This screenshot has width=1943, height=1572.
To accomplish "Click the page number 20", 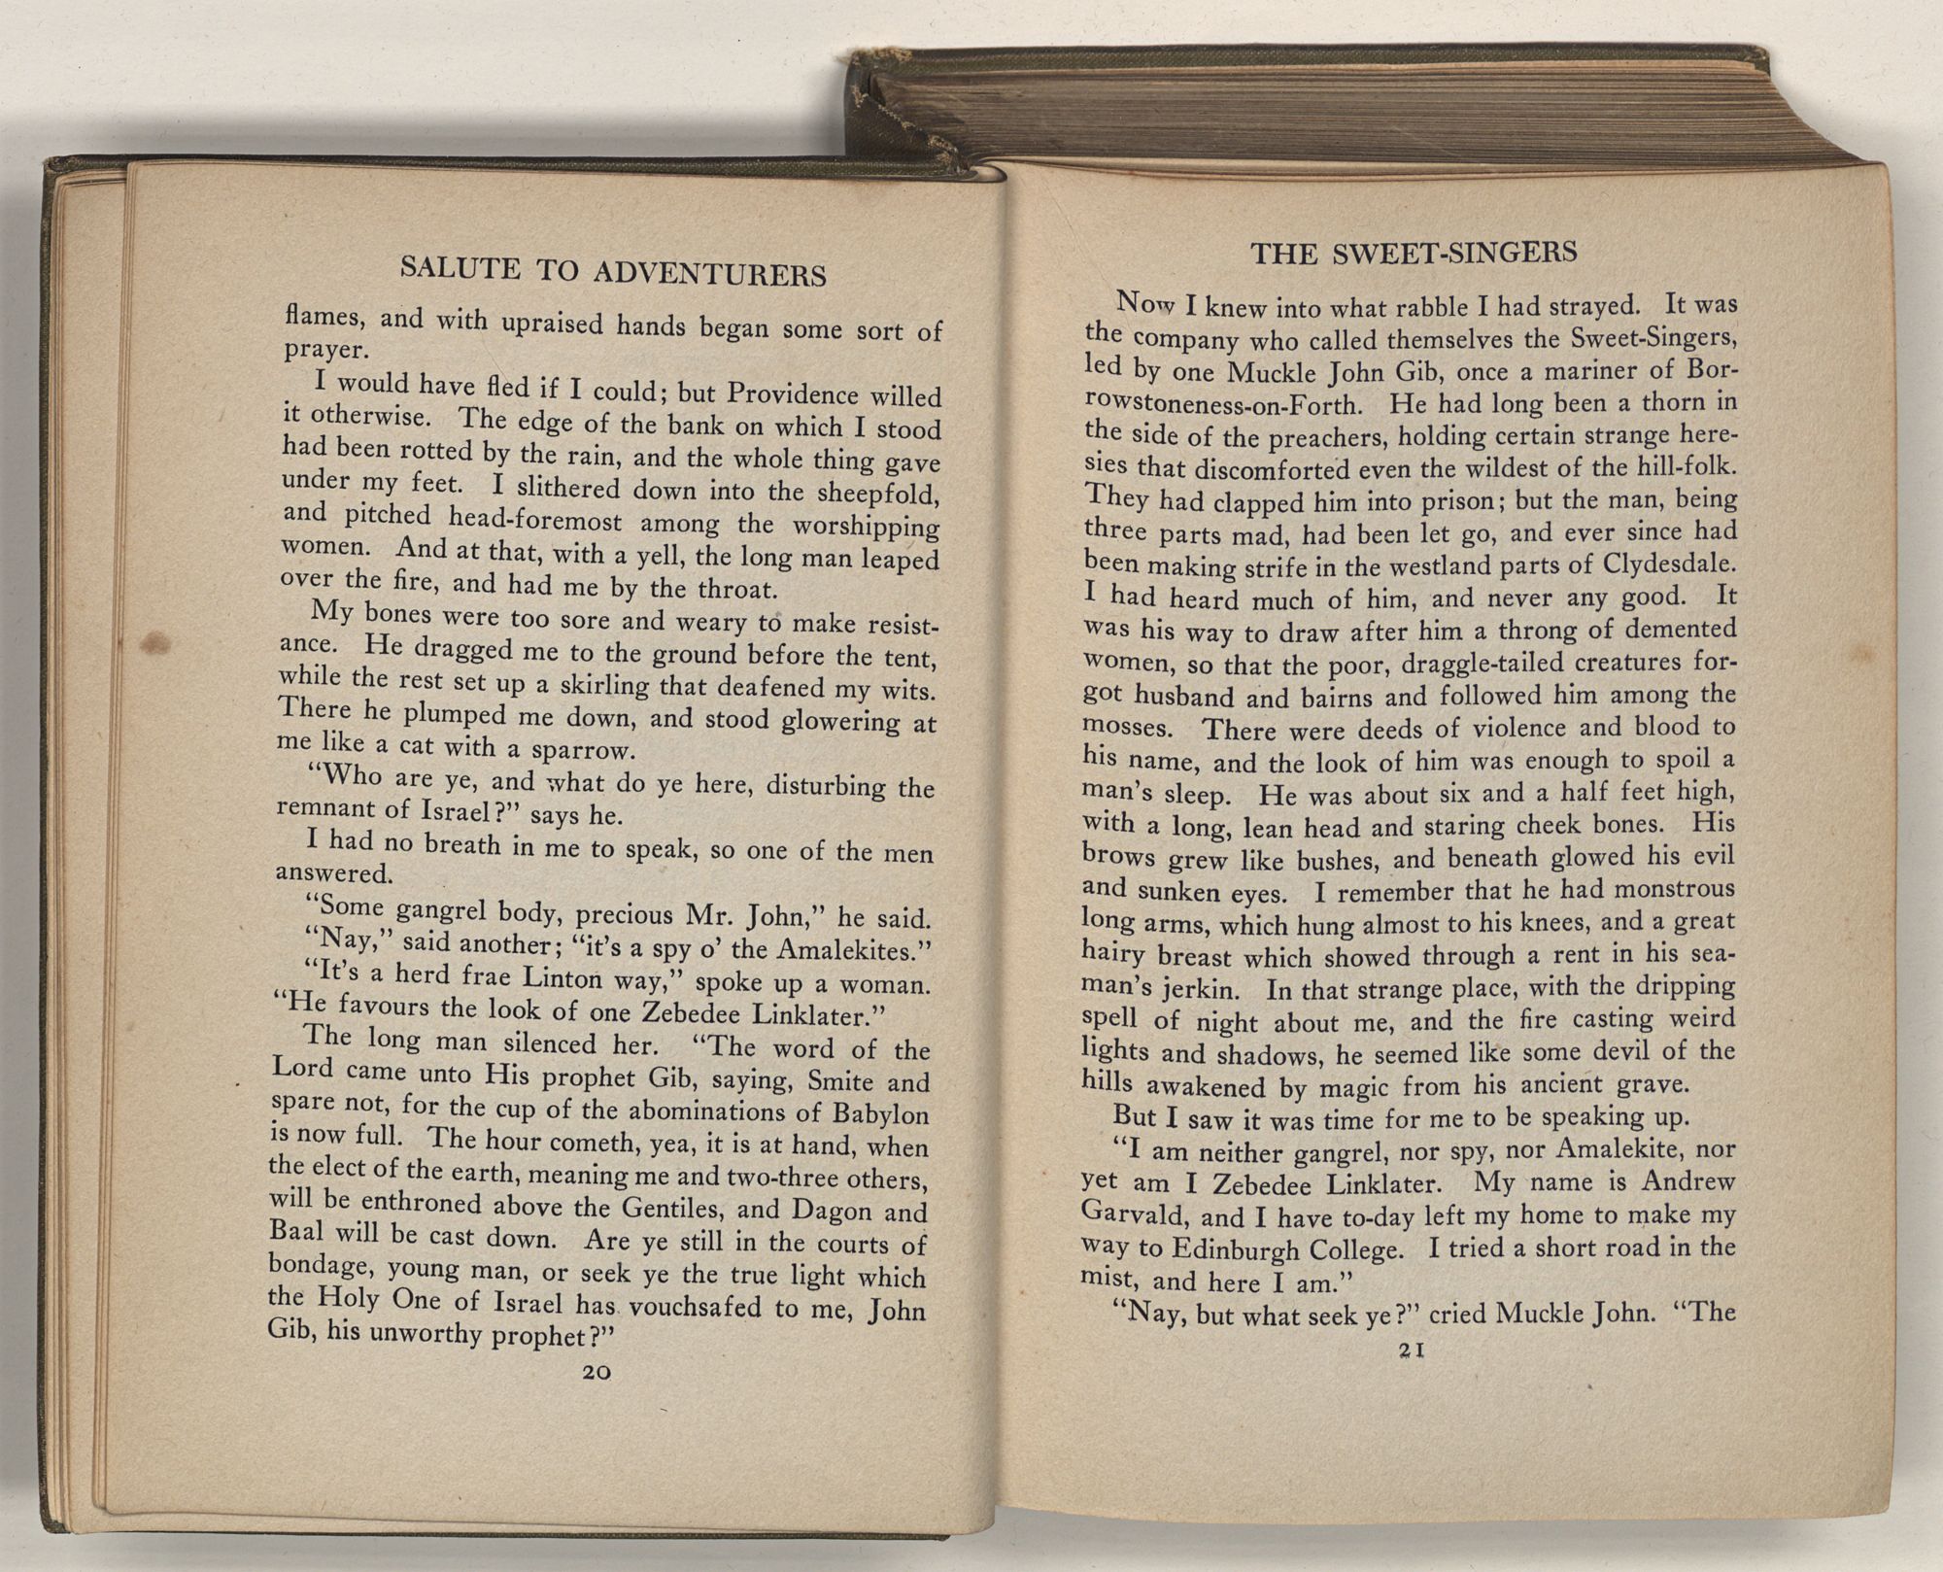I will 594,1373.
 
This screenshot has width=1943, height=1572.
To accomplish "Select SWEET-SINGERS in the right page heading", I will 1454,254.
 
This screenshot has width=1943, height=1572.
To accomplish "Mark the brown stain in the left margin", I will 155,643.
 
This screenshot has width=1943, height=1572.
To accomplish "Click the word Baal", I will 294,1230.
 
